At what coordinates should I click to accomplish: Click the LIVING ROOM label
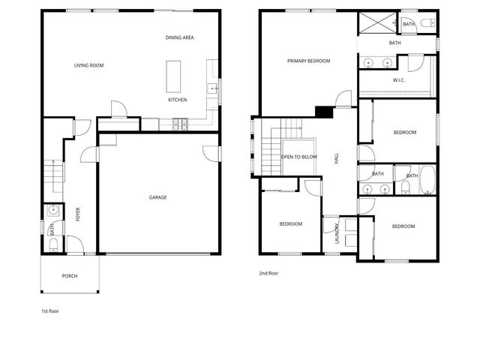[x=88, y=66]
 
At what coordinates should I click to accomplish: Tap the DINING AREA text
[x=180, y=37]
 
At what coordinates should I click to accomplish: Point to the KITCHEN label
[x=177, y=100]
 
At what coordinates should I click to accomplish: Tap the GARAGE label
[x=157, y=197]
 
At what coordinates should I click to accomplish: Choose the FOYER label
[x=78, y=215]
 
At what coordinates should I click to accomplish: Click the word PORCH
[x=70, y=276]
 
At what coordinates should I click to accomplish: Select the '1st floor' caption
[x=51, y=310]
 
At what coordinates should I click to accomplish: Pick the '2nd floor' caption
[x=268, y=274]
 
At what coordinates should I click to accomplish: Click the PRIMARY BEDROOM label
[x=308, y=61]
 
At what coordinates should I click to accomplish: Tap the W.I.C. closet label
[x=400, y=80]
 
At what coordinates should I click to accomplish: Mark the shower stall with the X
[x=376, y=23]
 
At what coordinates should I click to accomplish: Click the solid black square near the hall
[x=324, y=112]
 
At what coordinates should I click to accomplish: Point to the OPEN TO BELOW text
[x=298, y=157]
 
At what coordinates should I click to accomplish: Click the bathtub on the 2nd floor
[x=427, y=178]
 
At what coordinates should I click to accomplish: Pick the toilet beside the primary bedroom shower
[x=426, y=23]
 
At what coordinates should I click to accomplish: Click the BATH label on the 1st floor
[x=52, y=230]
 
